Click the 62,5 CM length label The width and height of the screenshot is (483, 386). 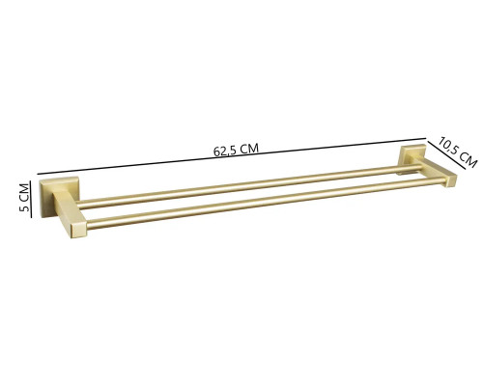(237, 149)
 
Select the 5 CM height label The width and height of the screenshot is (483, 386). (25, 199)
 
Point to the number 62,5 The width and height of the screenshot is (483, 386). (225, 150)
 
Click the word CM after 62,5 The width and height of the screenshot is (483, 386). (249, 148)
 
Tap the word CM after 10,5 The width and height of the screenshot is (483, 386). (468, 158)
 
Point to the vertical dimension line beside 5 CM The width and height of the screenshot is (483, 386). (33, 199)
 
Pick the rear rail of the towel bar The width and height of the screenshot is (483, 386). (241, 186)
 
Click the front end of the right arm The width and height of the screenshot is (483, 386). (449, 180)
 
